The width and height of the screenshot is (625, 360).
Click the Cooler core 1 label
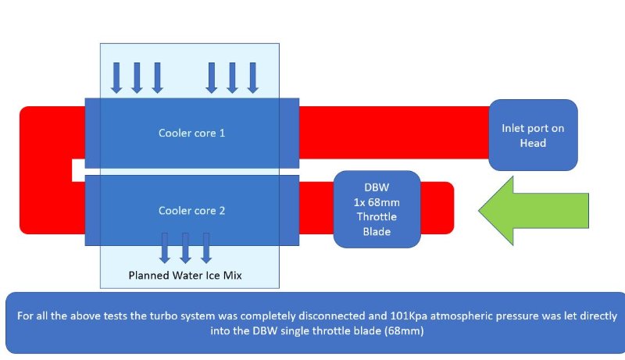tap(191, 133)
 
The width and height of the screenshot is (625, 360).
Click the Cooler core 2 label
tap(191, 210)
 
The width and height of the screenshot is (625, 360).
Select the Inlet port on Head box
tap(533, 134)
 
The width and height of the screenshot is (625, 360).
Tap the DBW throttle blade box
tap(377, 209)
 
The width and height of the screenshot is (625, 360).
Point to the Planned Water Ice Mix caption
tap(189, 275)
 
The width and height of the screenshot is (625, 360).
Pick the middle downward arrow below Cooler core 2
tap(185, 247)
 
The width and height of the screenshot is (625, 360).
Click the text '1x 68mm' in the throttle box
tap(377, 202)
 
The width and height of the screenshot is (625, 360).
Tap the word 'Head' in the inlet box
tap(533, 142)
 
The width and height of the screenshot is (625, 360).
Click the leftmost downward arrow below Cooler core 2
tap(165, 247)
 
